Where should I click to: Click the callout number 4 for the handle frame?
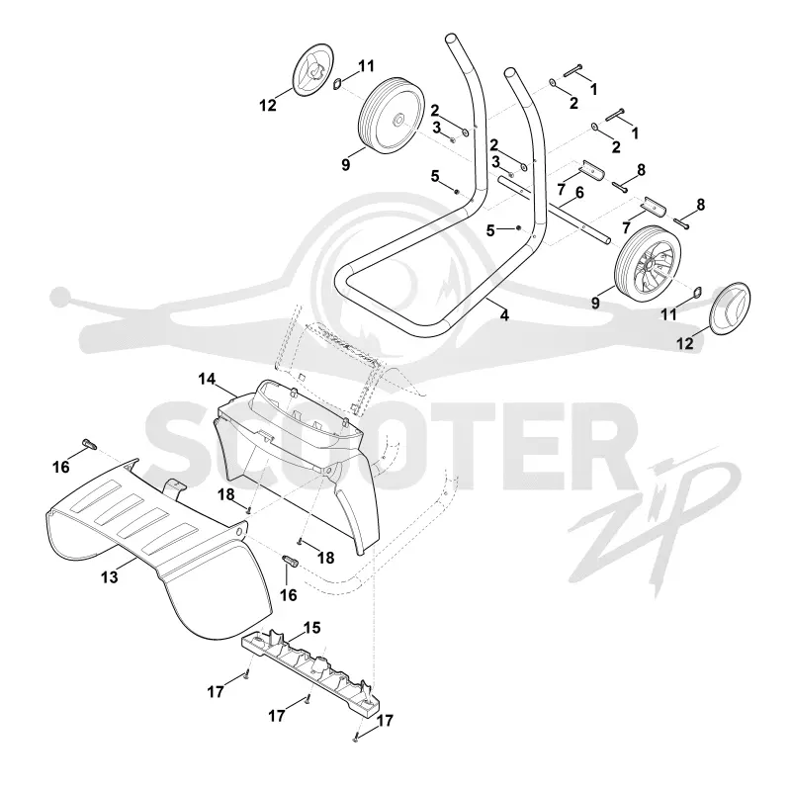click(x=504, y=315)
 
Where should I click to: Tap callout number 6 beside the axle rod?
click(x=579, y=192)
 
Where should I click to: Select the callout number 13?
click(x=110, y=576)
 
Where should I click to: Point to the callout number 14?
click(x=207, y=379)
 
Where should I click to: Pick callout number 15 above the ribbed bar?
click(x=311, y=628)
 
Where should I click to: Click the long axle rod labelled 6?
click(x=554, y=208)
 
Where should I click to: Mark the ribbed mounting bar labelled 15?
click(x=309, y=669)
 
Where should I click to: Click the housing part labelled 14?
click(x=298, y=464)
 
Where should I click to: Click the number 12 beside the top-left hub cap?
click(x=268, y=106)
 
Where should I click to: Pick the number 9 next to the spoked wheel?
click(x=596, y=304)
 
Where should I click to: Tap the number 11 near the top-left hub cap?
click(x=366, y=66)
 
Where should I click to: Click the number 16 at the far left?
click(x=61, y=467)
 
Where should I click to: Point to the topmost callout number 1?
click(x=594, y=89)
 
